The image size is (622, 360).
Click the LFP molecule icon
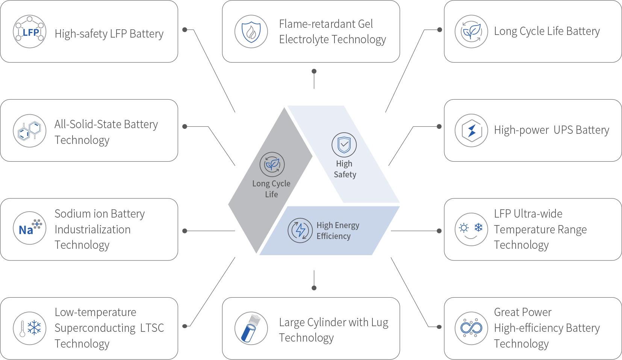click(30, 32)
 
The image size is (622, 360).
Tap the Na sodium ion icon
click(30, 228)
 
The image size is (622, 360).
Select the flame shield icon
click(251, 32)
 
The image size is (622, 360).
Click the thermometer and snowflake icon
click(30, 328)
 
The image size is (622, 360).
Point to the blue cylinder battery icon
click(251, 328)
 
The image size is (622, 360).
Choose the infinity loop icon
click(471, 328)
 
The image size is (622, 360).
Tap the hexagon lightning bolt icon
click(471, 130)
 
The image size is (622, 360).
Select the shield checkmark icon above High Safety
click(344, 145)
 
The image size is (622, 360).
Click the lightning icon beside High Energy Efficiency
click(300, 230)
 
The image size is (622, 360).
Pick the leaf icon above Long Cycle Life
click(272, 164)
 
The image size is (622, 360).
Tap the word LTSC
click(152, 328)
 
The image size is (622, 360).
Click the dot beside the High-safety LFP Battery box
click(185, 30)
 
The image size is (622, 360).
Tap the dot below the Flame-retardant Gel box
click(314, 71)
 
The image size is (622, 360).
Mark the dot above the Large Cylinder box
click(314, 288)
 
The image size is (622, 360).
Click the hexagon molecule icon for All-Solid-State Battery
click(30, 130)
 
